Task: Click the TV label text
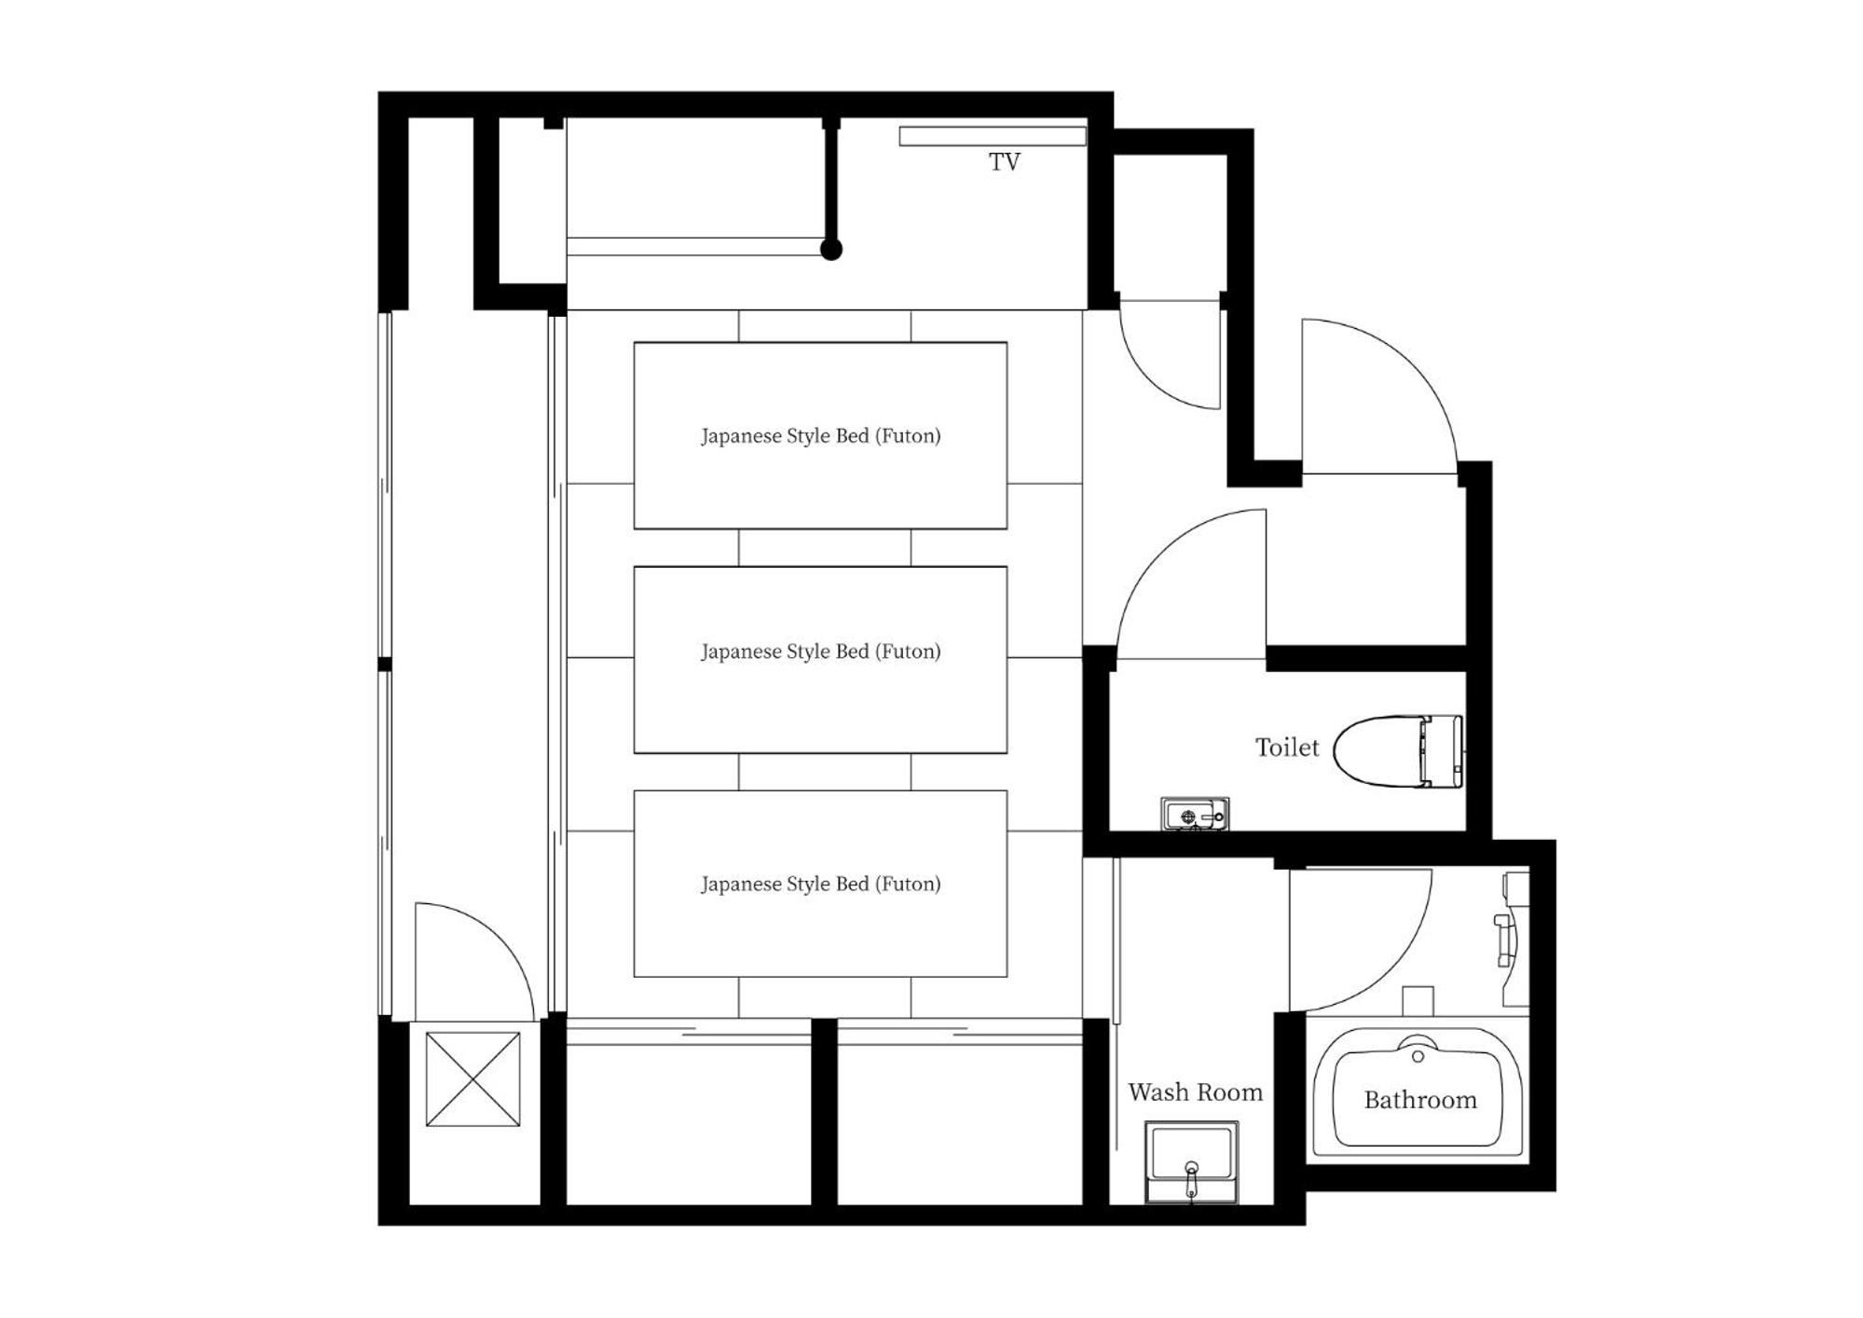tap(1004, 162)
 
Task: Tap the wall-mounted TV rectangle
tap(993, 136)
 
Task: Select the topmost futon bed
tap(820, 435)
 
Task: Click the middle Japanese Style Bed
tap(820, 659)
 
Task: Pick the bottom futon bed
tap(820, 884)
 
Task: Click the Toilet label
tap(1287, 748)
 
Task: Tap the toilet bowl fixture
tap(1398, 750)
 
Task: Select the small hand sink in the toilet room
tap(1195, 814)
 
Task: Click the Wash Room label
tap(1195, 1092)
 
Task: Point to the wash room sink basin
tap(1191, 1162)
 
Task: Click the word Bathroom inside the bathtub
tap(1420, 1101)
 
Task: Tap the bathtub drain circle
tap(1418, 1057)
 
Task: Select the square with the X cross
tap(473, 1078)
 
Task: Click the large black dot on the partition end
tap(831, 249)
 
